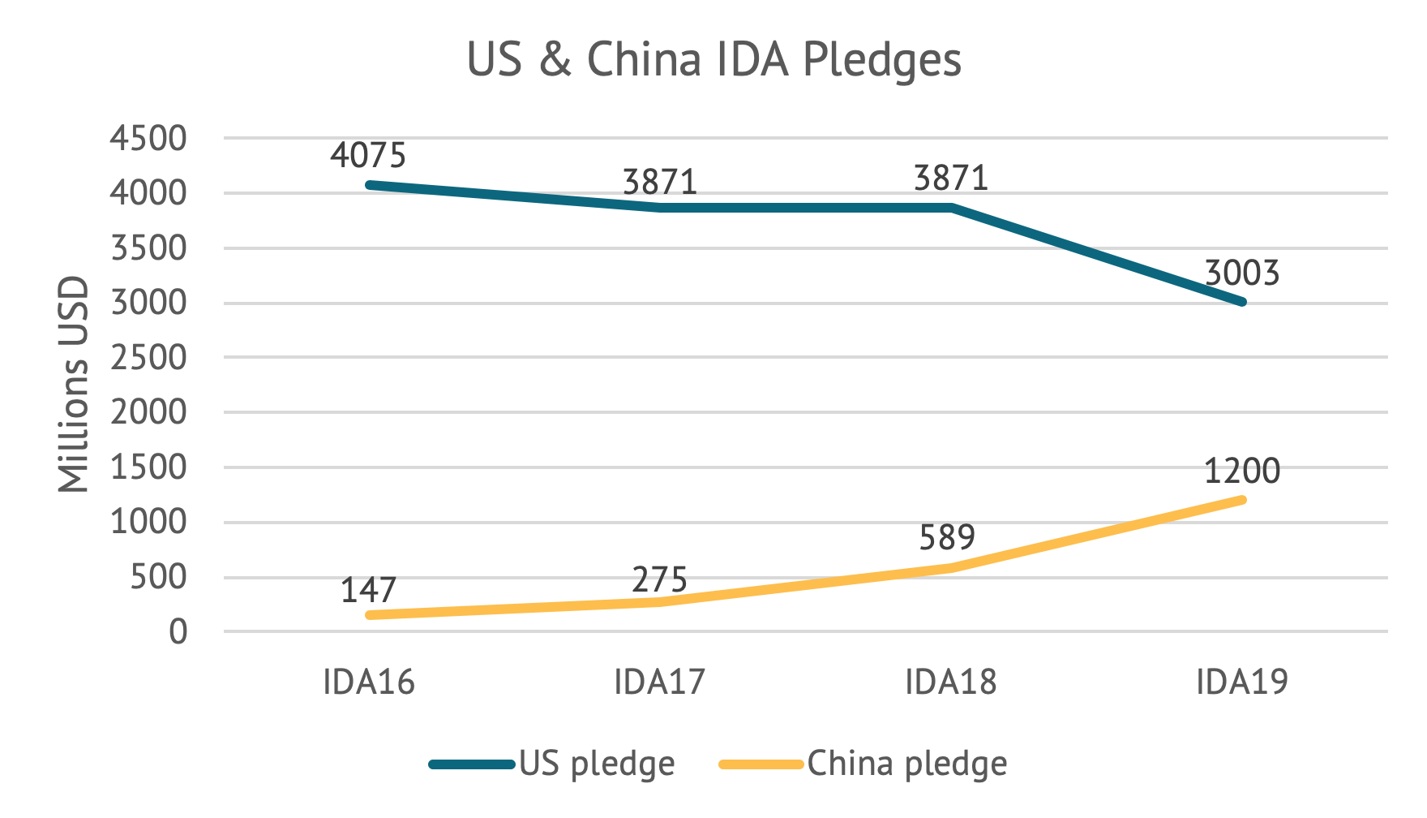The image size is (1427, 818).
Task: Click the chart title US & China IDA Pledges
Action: pyautogui.click(x=713, y=60)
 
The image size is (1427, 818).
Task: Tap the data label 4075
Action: pyautogui.click(x=368, y=154)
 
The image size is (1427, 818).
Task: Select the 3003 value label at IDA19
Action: pyautogui.click(x=1241, y=273)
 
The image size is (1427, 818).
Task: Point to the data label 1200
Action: pyautogui.click(x=1241, y=471)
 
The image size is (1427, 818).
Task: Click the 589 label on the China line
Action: pyautogui.click(x=947, y=537)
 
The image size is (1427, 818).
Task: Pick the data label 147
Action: pyautogui.click(x=368, y=591)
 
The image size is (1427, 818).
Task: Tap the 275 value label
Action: pyautogui.click(x=659, y=580)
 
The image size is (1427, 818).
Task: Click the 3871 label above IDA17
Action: pyautogui.click(x=659, y=182)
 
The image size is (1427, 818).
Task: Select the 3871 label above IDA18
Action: pyautogui.click(x=950, y=179)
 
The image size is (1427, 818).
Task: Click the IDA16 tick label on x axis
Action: pyautogui.click(x=368, y=682)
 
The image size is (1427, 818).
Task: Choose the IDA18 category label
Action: pyautogui.click(x=950, y=682)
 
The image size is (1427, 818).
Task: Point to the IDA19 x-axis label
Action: pyautogui.click(x=1241, y=682)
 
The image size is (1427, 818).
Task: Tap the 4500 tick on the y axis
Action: pyautogui.click(x=148, y=139)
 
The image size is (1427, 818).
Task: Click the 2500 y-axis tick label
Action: pyautogui.click(x=148, y=358)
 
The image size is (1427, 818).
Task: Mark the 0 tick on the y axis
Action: pyautogui.click(x=178, y=632)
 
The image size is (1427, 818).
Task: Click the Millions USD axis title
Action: pyautogui.click(x=74, y=385)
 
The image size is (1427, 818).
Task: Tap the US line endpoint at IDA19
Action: pyautogui.click(x=1241, y=302)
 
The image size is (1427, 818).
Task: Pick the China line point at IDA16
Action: pyautogui.click(x=370, y=615)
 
